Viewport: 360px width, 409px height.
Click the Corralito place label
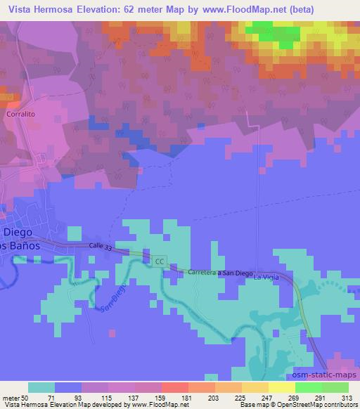(20, 112)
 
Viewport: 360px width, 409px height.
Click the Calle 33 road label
(101, 245)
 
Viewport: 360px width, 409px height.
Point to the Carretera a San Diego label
(219, 272)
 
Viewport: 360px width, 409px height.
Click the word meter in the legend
(12, 397)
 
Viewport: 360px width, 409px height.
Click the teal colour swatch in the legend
(41, 387)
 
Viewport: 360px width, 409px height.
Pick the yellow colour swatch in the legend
(282, 387)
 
